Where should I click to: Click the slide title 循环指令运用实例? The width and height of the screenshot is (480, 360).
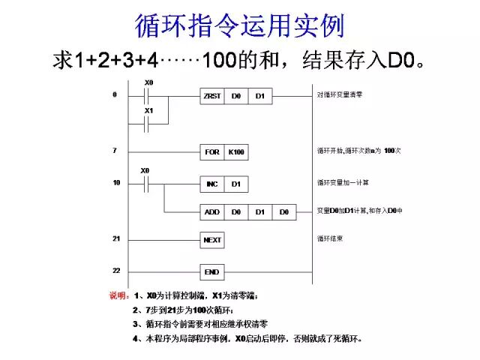(239, 25)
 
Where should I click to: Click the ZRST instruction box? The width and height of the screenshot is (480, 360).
(212, 96)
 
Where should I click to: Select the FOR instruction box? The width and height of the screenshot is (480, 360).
(212, 152)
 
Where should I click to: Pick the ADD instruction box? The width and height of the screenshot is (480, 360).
(212, 213)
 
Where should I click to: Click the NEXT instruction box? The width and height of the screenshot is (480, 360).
(213, 240)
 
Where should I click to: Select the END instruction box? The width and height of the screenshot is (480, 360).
(213, 271)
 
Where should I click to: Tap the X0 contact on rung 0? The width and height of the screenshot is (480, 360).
(148, 96)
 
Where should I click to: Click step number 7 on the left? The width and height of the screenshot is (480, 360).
(115, 151)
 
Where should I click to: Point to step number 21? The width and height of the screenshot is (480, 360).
(116, 238)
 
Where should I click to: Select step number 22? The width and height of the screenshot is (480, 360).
(116, 269)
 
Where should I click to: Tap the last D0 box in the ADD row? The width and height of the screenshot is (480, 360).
(284, 213)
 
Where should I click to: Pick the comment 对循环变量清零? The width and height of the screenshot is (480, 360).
(340, 96)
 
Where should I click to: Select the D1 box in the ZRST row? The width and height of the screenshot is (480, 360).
(260, 96)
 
